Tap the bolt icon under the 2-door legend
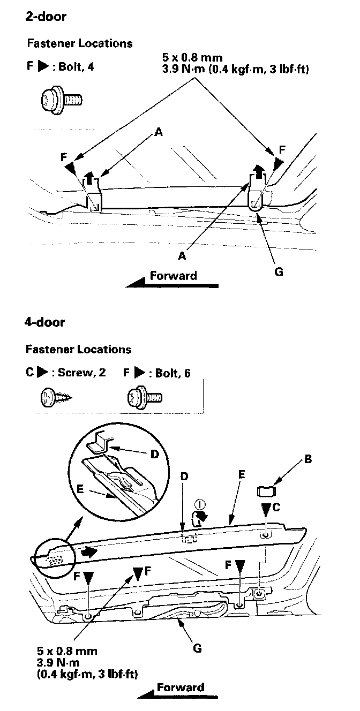[x=60, y=99]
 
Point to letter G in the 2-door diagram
[x=278, y=271]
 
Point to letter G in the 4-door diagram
[x=197, y=648]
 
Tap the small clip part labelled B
[x=266, y=489]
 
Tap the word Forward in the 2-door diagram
[x=173, y=276]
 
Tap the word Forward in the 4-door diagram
[x=181, y=688]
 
